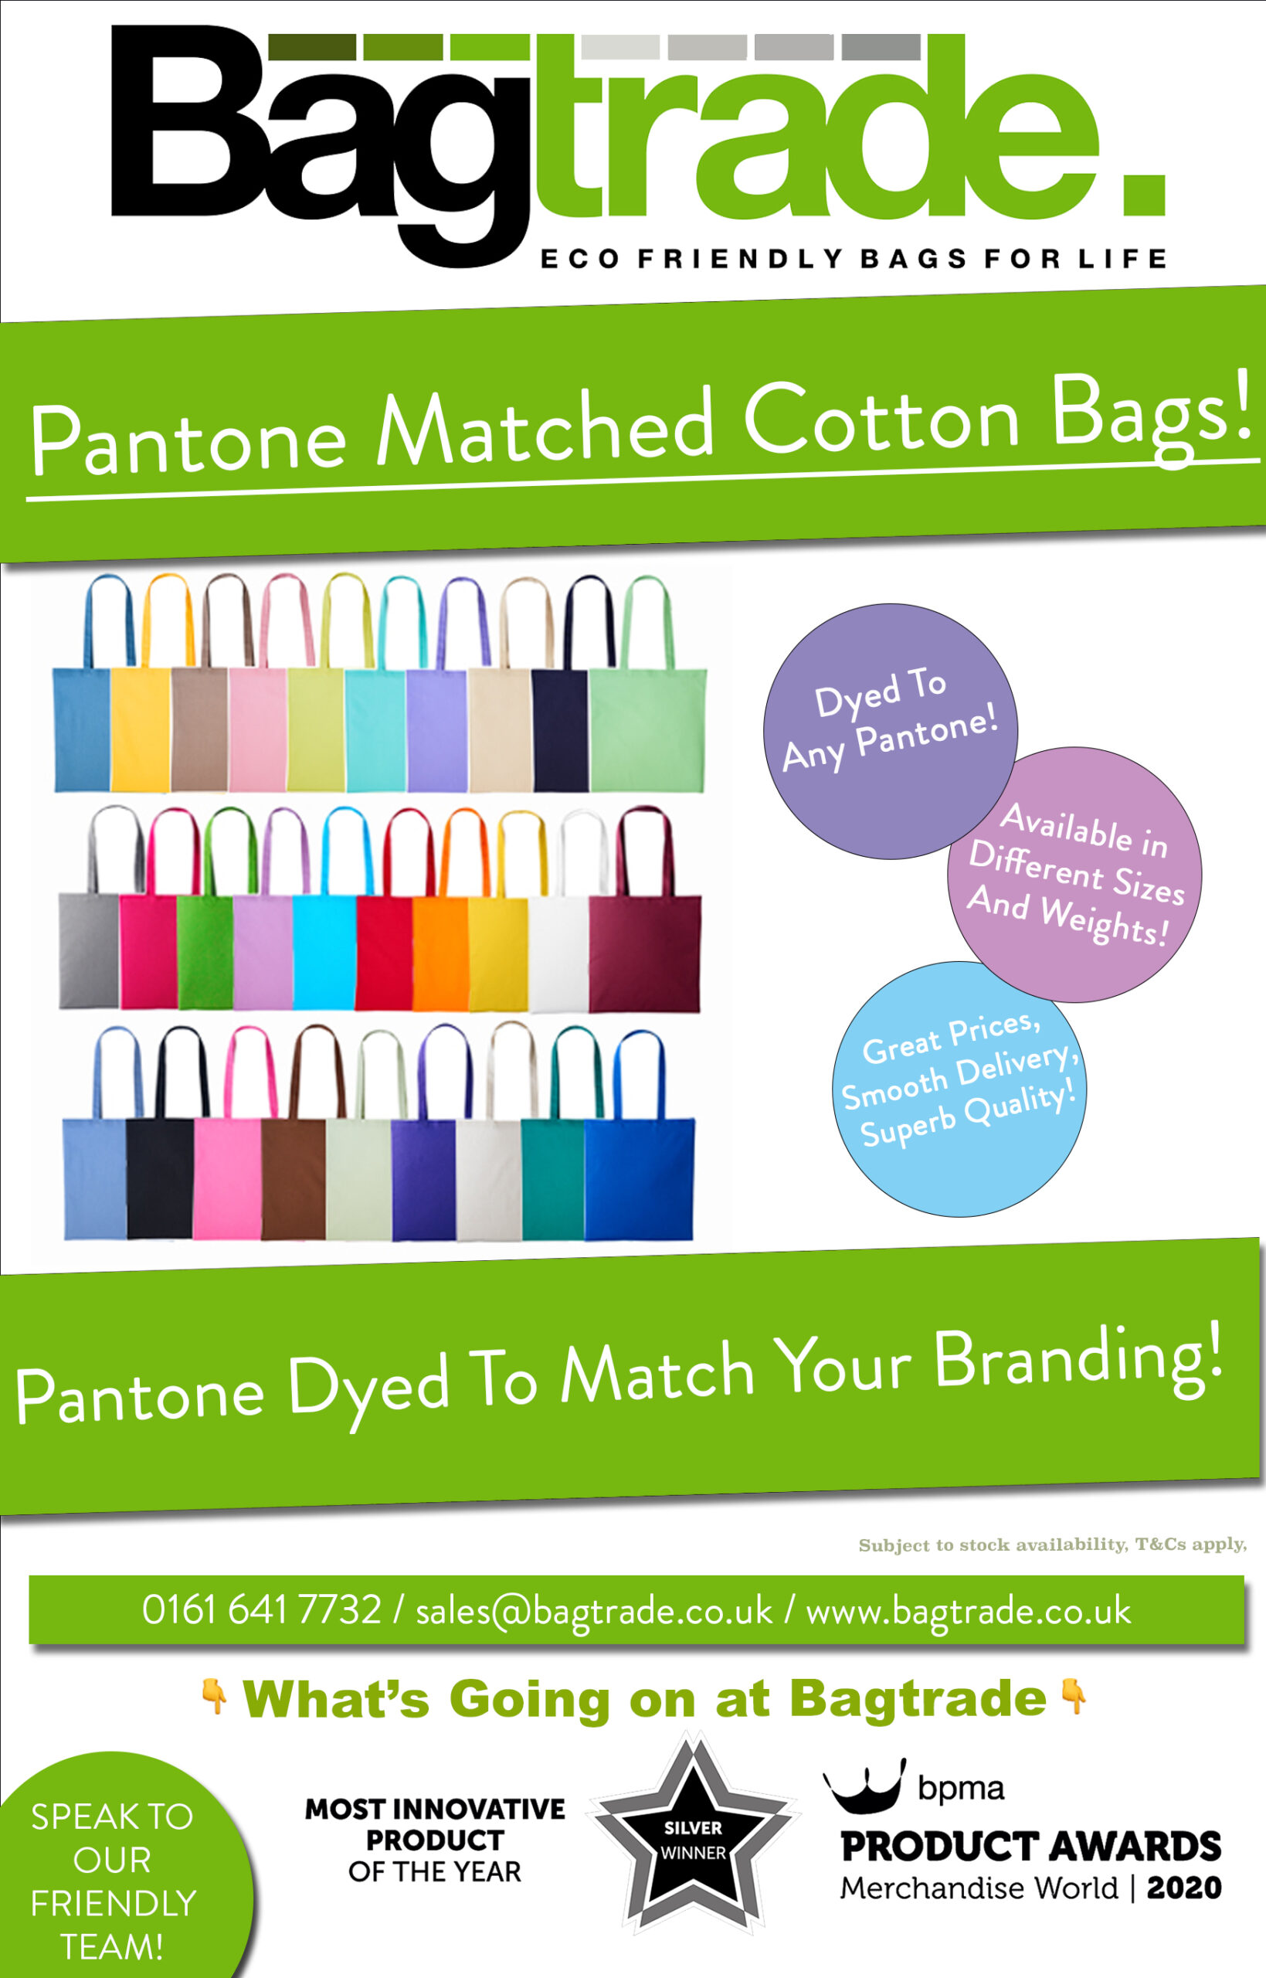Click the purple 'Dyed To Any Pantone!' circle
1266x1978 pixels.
click(891, 731)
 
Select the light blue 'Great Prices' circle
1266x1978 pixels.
click(960, 1089)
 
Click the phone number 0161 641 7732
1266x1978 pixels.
click(261, 1609)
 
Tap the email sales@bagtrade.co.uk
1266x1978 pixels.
click(593, 1610)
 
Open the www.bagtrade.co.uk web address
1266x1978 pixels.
click(969, 1610)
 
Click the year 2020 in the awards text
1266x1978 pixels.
click(1184, 1887)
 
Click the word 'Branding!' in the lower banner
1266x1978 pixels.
click(1078, 1361)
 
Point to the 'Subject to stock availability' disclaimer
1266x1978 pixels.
click(1052, 1545)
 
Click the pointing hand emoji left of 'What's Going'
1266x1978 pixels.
click(215, 1697)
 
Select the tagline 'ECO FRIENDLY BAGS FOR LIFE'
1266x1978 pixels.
click(854, 259)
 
